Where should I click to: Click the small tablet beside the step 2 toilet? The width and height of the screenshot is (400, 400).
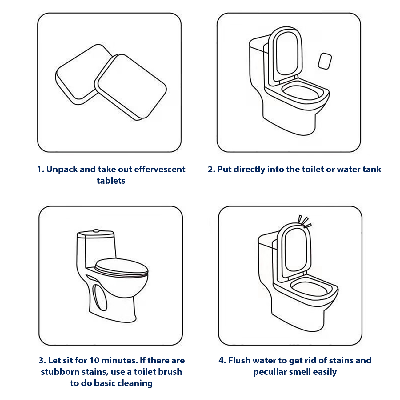point(325,61)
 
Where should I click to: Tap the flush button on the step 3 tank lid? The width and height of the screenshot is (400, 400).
point(96,231)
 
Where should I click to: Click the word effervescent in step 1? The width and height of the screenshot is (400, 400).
point(160,169)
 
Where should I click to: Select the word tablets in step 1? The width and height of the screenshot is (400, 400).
point(111,181)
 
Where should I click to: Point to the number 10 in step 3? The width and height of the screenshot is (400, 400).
point(94,360)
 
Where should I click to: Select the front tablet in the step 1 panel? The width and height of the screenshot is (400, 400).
point(130,87)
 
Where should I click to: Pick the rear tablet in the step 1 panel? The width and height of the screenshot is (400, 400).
point(83,74)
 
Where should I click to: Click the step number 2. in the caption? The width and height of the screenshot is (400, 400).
point(211,169)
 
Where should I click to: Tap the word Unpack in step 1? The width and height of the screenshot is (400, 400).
point(62,169)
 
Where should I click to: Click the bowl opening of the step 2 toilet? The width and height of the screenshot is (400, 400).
point(301,92)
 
